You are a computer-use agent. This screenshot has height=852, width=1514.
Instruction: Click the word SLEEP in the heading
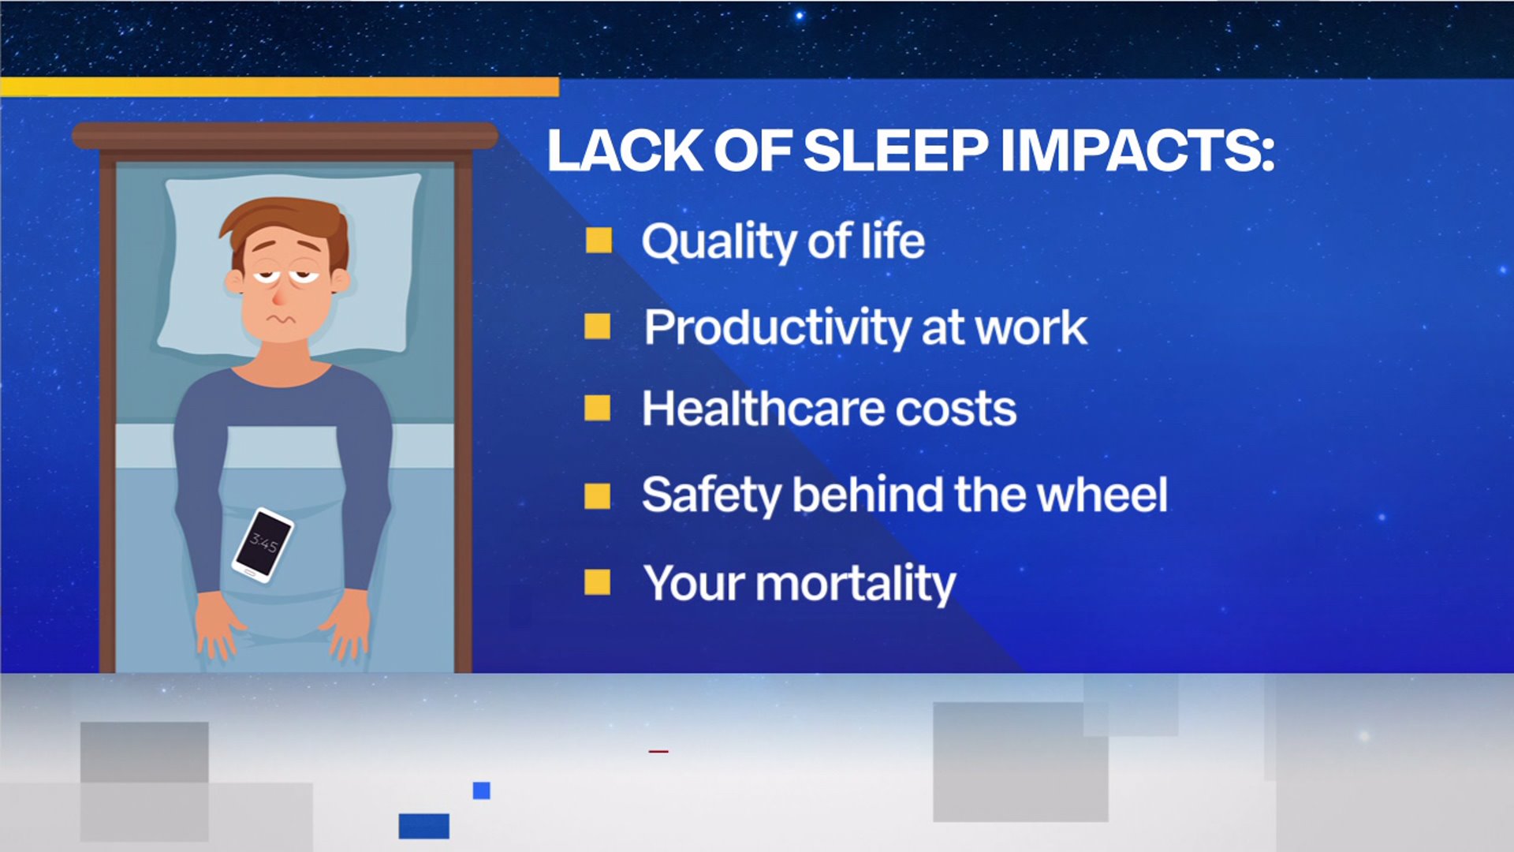895,150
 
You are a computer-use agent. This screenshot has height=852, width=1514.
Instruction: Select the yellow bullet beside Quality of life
599,241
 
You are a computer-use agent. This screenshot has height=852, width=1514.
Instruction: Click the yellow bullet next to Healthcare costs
597,408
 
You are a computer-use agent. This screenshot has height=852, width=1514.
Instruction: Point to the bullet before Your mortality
597,582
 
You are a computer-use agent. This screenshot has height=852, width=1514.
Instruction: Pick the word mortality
856,585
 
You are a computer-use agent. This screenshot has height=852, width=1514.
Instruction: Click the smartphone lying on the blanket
263,545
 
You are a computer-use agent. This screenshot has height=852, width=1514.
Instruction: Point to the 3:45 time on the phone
263,543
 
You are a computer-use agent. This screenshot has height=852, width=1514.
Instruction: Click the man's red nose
280,297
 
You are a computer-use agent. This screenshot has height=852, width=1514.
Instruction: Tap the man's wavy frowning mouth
278,319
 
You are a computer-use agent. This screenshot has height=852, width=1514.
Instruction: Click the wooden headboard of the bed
285,136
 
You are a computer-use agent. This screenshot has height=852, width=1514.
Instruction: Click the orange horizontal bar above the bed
280,87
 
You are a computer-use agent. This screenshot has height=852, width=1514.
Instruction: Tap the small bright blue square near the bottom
482,790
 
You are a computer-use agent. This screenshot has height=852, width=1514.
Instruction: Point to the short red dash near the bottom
658,751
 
